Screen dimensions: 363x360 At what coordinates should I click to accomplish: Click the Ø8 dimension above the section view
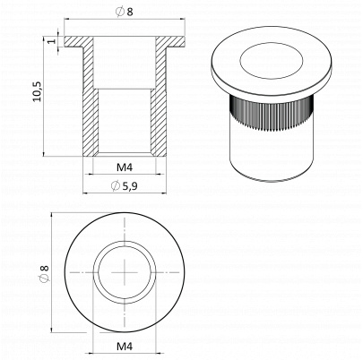(x=125, y=12)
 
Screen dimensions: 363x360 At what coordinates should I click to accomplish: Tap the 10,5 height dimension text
(x=38, y=91)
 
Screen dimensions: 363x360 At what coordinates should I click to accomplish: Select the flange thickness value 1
(x=52, y=40)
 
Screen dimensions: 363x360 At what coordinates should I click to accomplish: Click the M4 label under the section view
(x=125, y=167)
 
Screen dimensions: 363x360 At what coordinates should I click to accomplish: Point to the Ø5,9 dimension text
(x=124, y=186)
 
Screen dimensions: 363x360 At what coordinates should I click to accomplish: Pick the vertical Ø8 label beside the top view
(x=44, y=272)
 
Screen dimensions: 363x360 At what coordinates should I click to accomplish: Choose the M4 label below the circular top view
(x=125, y=347)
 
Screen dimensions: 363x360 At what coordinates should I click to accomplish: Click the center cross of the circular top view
(x=125, y=272)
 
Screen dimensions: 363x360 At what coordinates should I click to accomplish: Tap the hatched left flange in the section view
(x=79, y=42)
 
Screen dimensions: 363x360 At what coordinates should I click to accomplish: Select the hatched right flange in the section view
(x=170, y=42)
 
